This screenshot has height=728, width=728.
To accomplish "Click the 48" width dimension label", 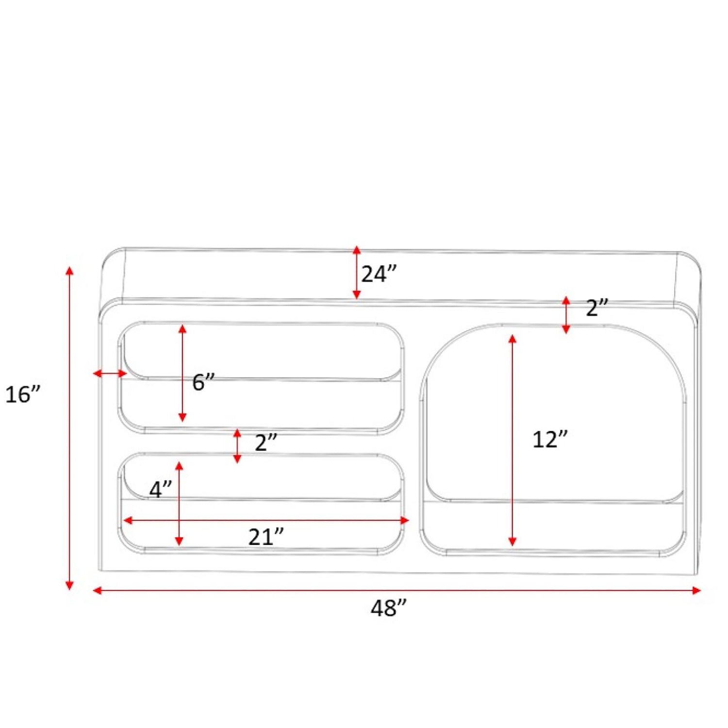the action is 388,608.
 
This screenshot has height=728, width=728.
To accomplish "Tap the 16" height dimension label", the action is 23,394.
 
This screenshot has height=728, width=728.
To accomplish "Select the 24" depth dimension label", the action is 379,274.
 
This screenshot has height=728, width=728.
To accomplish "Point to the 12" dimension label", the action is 550,439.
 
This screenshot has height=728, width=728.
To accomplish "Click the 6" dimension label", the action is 203,382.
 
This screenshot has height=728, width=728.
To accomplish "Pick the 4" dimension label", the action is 161,490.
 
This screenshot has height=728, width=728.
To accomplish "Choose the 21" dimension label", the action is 266,537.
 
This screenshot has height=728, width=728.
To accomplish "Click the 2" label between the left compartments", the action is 266,443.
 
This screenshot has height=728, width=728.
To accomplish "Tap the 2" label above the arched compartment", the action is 597,308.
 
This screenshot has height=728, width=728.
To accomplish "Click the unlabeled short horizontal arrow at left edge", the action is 110,373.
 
